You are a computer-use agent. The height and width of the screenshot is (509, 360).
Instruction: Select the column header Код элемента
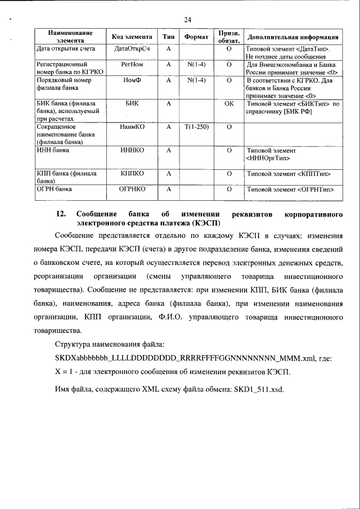132,37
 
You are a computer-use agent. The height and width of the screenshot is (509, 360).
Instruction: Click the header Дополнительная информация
292,37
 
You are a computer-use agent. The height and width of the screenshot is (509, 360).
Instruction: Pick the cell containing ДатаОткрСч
132,49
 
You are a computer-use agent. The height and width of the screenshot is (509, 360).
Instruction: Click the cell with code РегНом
132,65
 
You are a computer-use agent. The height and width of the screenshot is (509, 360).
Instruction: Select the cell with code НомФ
132,80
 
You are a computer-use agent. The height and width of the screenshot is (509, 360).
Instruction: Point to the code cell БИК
132,104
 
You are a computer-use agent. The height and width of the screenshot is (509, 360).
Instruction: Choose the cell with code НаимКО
132,128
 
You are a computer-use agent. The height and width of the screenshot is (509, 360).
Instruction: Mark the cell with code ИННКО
132,151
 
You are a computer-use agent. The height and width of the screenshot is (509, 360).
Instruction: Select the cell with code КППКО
132,174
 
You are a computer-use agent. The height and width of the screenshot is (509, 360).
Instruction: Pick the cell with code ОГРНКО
132,190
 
